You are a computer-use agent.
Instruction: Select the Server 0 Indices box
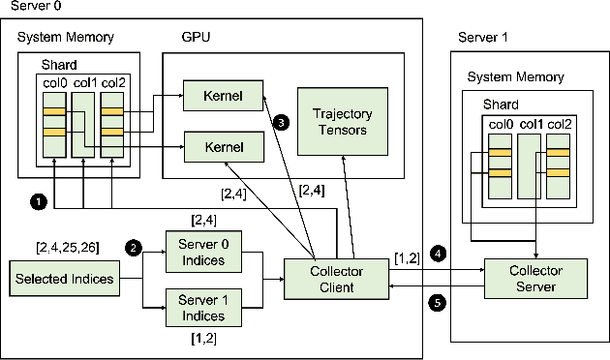(x=201, y=252)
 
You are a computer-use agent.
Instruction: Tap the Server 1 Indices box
(x=201, y=308)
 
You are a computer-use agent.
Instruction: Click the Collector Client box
(x=324, y=280)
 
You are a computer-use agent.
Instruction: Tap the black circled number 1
(x=38, y=201)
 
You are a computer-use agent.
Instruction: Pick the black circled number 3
(x=281, y=123)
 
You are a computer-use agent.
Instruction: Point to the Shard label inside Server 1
(x=502, y=105)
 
